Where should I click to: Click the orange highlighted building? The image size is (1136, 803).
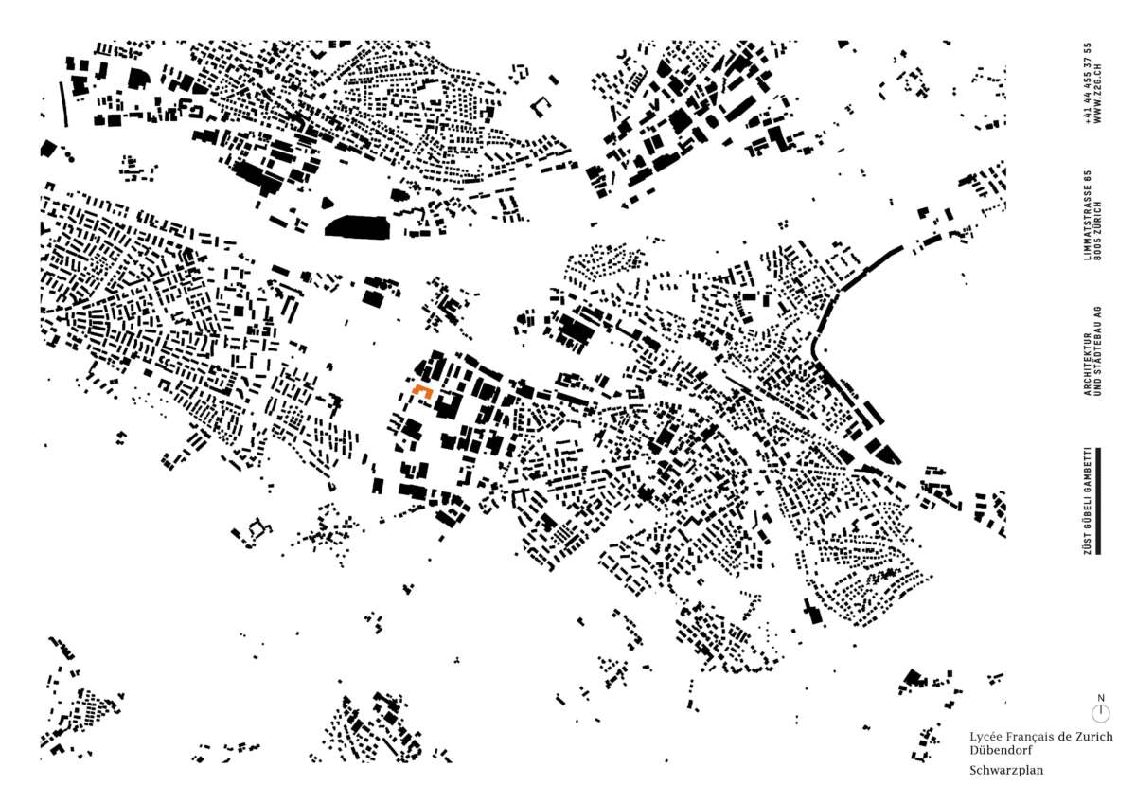(x=422, y=390)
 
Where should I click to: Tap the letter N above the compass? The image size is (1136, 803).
(x=1100, y=698)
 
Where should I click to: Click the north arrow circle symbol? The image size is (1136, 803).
(x=1100, y=712)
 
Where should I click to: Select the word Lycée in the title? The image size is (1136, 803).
(x=987, y=737)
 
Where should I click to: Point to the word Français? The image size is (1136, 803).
(x=1035, y=737)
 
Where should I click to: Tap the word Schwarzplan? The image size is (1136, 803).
(x=1006, y=771)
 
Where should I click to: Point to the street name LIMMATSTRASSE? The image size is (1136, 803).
(x=1090, y=235)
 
